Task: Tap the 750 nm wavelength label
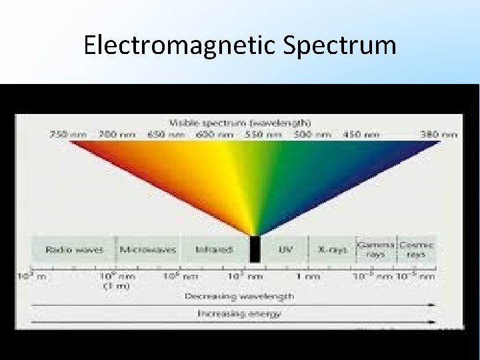click(69, 134)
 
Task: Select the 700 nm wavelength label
click(117, 134)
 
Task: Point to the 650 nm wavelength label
click(167, 134)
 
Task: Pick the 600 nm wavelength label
click(215, 134)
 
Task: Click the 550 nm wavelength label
click(264, 134)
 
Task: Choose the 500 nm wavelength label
click(312, 134)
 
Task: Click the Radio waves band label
click(75, 250)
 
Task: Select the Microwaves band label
click(148, 250)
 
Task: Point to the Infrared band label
click(214, 250)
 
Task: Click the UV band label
click(285, 250)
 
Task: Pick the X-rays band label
click(332, 250)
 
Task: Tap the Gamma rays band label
click(376, 249)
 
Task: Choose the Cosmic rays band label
click(417, 249)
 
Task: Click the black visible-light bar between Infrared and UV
click(254, 249)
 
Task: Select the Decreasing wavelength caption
click(239, 295)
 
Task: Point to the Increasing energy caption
click(239, 313)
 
